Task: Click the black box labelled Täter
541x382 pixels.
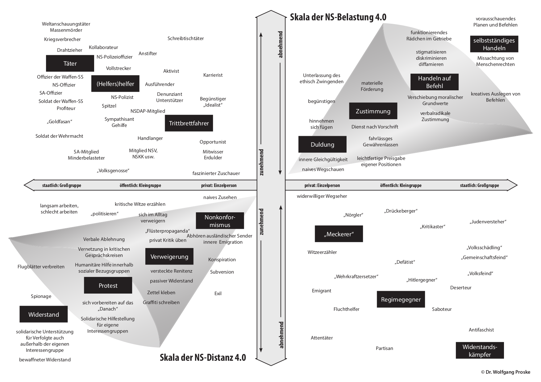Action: pos(70,63)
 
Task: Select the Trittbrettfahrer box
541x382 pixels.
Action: pos(189,123)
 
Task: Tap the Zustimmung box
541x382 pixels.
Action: pos(373,111)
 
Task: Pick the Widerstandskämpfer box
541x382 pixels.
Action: pos(480,351)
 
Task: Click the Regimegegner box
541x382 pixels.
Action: pos(401,299)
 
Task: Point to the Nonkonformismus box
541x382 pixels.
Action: pos(220,221)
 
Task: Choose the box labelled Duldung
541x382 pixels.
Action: pos(322,144)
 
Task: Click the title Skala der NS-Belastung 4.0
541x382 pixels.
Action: pos(338,17)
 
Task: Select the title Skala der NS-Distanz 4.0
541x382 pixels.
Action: pos(203,357)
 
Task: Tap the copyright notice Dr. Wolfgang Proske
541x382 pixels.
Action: pos(506,372)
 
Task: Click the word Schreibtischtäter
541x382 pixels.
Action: pos(185,39)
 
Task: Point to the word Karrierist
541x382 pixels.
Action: pos(213,75)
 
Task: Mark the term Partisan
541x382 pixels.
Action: pos(384,348)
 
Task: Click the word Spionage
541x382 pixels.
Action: pos(41,296)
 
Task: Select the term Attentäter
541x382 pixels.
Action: pos(322,338)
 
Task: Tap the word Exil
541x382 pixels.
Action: pos(218,294)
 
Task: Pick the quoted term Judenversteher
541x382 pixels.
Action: pos(488,222)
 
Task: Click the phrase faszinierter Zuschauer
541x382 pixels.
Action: pos(216,173)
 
